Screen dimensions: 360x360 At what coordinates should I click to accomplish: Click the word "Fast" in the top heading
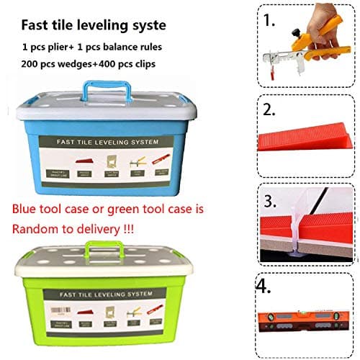coord(35,24)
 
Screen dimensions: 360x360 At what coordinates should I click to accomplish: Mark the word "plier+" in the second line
coord(61,47)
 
